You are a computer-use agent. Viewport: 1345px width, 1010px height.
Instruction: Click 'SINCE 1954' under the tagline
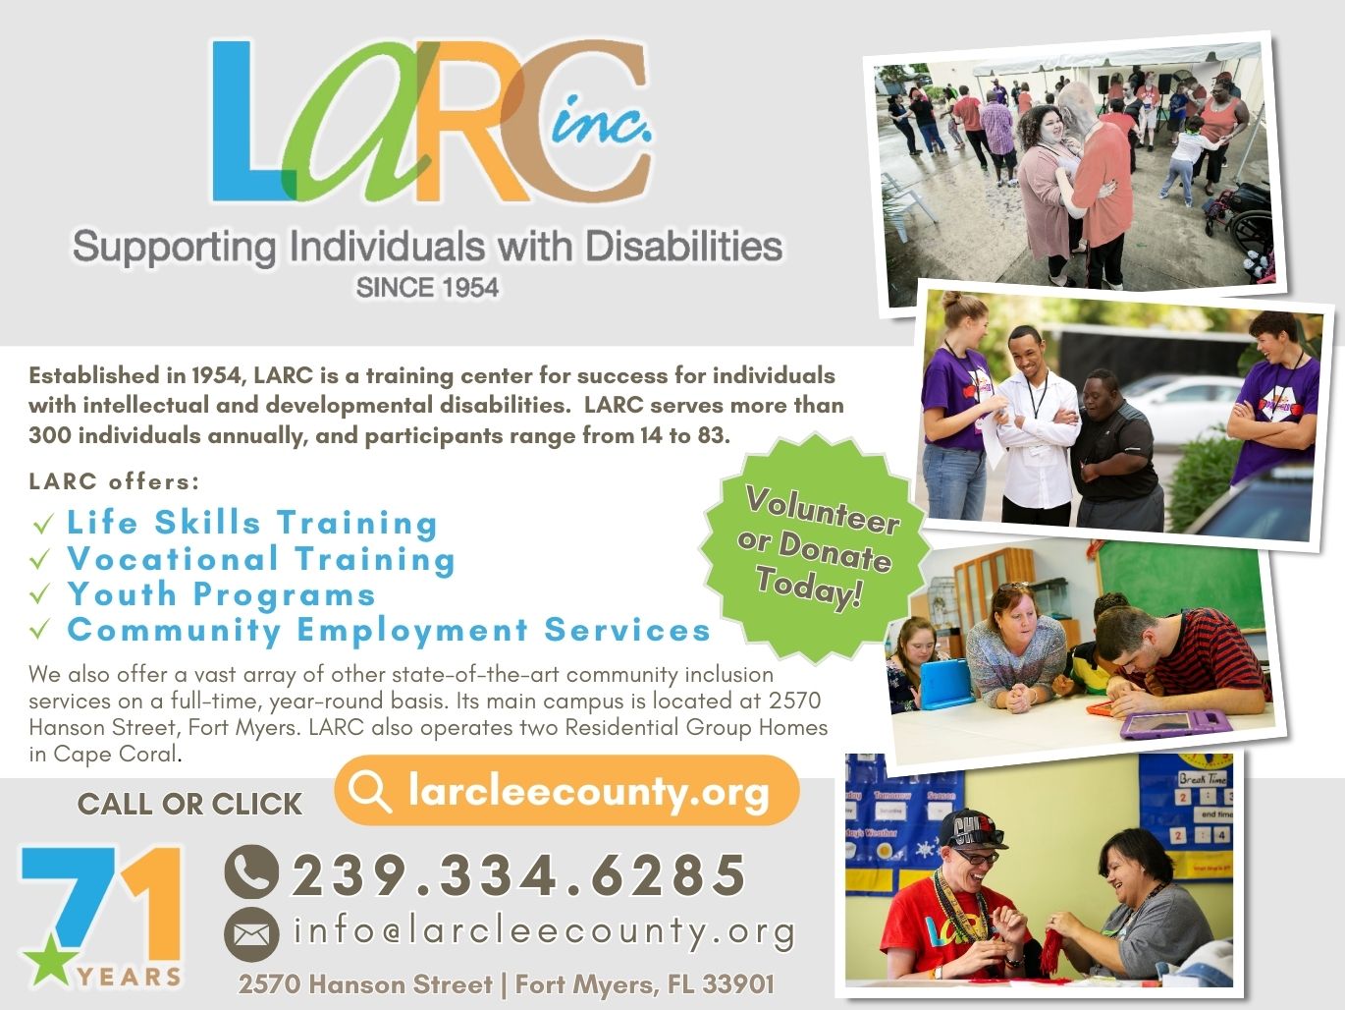tap(428, 288)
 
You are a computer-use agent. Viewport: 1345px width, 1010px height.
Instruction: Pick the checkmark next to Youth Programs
tap(40, 593)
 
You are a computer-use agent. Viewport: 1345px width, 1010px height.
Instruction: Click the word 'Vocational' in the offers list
tap(173, 558)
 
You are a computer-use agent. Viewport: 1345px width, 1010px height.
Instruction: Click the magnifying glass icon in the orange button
tap(369, 791)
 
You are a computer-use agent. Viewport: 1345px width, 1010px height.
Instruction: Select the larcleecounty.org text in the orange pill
tap(588, 791)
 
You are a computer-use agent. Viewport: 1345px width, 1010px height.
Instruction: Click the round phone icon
tap(251, 871)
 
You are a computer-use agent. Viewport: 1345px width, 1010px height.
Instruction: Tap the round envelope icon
tap(251, 934)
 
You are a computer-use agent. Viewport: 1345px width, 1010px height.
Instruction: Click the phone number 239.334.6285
tap(518, 873)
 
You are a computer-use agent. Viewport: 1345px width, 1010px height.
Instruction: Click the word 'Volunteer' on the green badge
tap(823, 510)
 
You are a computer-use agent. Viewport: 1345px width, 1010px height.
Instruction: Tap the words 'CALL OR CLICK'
tap(189, 804)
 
